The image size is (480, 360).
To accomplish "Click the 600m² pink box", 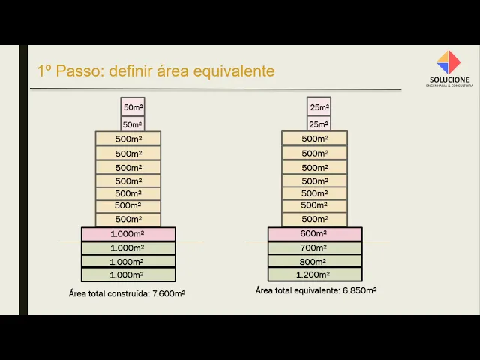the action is (315, 234).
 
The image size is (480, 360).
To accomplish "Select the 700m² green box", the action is (315, 248).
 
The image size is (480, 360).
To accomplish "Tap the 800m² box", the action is (315, 262).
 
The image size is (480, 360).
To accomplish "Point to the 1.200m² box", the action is (315, 274).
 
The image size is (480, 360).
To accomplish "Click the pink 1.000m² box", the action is (128, 234).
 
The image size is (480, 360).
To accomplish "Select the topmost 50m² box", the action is (132, 107).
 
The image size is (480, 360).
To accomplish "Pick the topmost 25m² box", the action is (319, 107).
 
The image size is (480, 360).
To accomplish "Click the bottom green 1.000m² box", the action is (128, 274).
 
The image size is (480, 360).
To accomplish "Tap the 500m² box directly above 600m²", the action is (315, 219).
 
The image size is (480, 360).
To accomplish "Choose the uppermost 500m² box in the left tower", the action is (128, 139).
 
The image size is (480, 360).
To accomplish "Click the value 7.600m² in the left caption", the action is (169, 293).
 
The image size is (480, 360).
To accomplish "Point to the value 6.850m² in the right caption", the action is (360, 290).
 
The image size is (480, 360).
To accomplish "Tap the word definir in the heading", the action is (132, 71).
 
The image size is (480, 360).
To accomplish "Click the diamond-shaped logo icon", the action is (448, 61).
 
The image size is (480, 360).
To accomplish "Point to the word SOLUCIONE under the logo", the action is (449, 79).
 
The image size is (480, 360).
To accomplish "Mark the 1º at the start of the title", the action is (44, 71).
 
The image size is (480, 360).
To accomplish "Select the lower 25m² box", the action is (319, 124).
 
